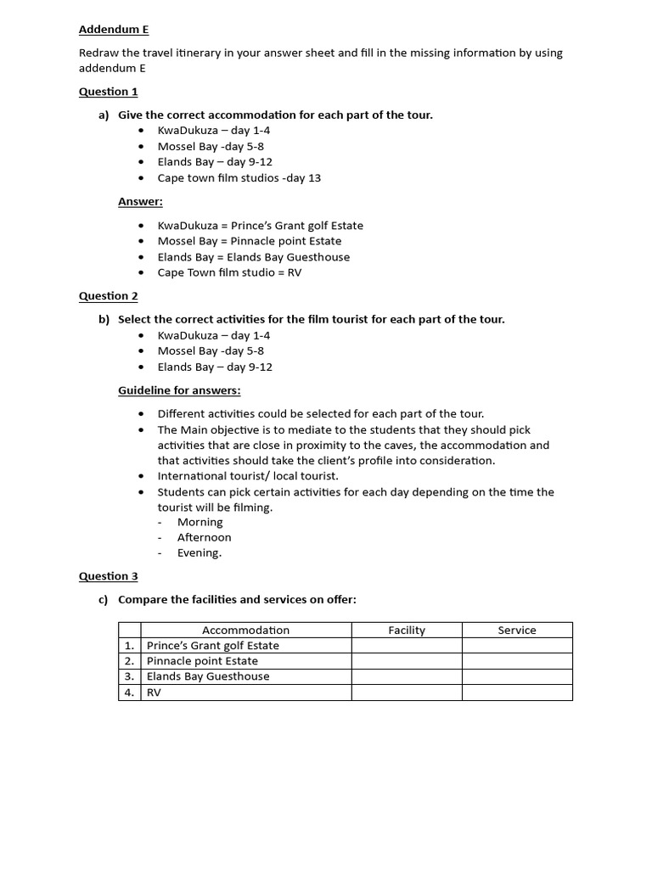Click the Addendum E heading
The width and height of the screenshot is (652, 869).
114,30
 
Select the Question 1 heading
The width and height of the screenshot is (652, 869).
108,92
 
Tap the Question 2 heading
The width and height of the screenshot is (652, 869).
108,296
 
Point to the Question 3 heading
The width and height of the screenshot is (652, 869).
108,576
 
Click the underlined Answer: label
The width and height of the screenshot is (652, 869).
140,202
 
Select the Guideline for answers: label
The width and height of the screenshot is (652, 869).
179,390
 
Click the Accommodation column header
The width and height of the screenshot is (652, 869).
245,631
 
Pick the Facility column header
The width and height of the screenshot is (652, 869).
407,631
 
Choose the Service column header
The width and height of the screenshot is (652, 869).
517,631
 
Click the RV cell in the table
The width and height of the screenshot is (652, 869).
154,692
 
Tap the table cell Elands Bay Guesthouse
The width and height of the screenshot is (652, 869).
208,676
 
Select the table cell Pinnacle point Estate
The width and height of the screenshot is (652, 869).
202,661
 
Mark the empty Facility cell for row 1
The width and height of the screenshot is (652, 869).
407,646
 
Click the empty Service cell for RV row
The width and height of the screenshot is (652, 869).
517,692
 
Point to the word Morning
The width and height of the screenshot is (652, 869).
200,522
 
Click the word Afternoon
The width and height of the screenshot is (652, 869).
204,537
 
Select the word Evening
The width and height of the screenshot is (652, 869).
200,552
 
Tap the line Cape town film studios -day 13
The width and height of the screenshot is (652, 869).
239,178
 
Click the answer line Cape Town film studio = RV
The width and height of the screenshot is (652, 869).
229,273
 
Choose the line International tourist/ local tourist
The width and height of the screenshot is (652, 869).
248,476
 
